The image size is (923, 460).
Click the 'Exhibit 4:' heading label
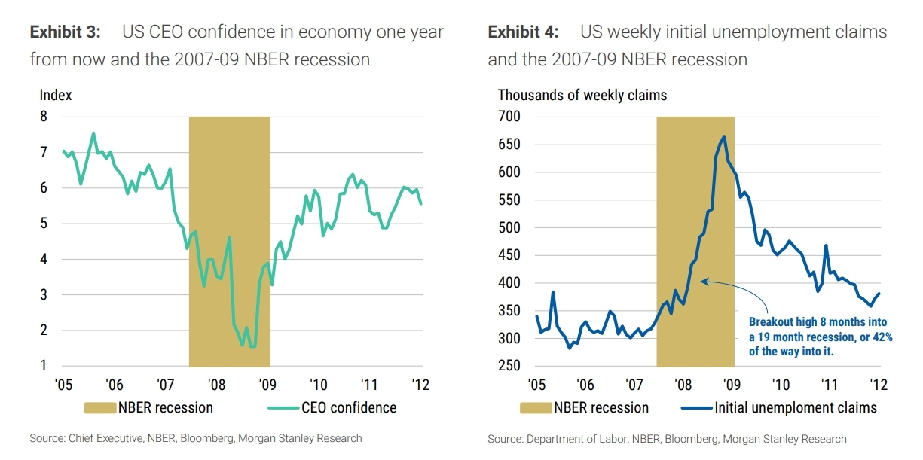[x=523, y=32]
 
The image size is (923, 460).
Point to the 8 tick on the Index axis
[x=43, y=117]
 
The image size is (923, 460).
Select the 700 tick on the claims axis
[x=509, y=117]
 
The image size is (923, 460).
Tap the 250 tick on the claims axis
[x=509, y=366]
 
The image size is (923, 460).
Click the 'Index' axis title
[x=55, y=95]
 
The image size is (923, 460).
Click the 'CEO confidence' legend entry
[x=348, y=407]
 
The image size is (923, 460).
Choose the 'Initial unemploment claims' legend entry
[x=796, y=407]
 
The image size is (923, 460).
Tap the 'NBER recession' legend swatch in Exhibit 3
[x=99, y=407]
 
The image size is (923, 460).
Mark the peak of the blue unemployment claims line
[x=724, y=136]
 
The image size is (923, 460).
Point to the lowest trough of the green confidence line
[x=242, y=346]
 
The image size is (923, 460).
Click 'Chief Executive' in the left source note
[x=97, y=438]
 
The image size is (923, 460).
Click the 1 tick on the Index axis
[x=43, y=366]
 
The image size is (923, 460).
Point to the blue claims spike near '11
[x=826, y=245]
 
